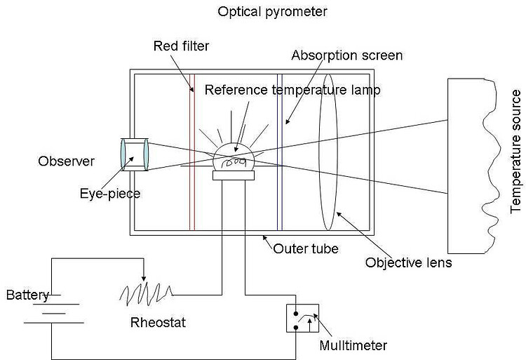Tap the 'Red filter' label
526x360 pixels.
point(180,46)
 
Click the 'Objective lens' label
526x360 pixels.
point(409,263)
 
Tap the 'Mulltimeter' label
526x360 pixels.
point(353,345)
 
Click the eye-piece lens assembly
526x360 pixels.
point(133,154)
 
